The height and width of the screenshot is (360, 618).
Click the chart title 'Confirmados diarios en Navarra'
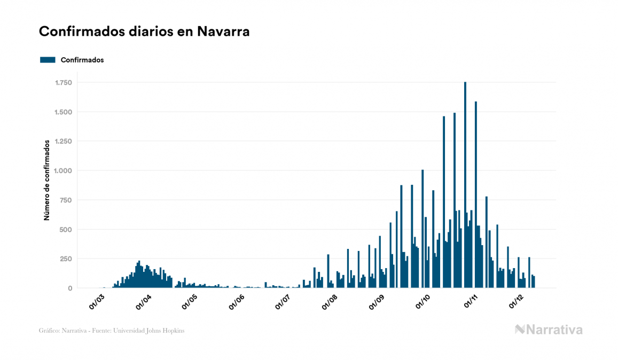point(144,32)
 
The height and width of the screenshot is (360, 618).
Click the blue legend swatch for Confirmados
point(48,60)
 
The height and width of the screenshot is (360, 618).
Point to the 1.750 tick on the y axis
point(64,83)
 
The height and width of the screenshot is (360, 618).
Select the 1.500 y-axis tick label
point(64,112)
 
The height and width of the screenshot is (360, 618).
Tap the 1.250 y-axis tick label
point(64,142)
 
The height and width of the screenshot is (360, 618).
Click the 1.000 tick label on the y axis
point(64,171)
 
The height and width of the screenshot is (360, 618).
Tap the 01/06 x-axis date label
point(237,302)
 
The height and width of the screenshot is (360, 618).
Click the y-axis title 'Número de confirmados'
point(47,180)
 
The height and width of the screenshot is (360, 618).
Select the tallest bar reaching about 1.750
point(465,187)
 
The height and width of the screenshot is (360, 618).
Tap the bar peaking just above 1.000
point(423,230)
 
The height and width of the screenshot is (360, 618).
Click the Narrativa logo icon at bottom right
point(520,330)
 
